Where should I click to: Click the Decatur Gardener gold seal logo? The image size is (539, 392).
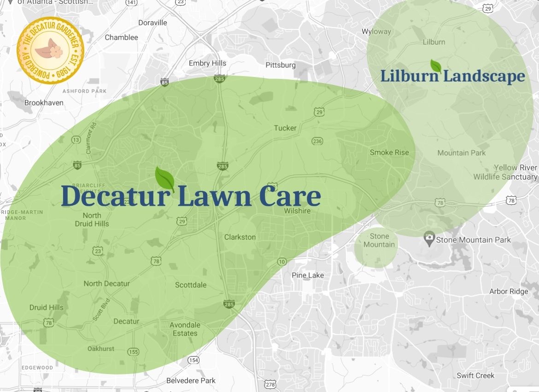[x=50, y=51]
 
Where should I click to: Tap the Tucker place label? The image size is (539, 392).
[x=285, y=128]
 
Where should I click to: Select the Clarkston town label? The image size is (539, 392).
[x=240, y=237]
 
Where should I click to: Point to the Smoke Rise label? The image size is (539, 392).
[x=389, y=152]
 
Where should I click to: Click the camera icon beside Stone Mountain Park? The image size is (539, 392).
[x=429, y=239]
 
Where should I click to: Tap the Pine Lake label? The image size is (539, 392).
[x=308, y=275]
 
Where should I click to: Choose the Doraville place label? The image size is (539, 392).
[x=152, y=23]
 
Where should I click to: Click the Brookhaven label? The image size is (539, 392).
[x=44, y=103]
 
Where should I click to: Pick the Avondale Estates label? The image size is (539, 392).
[x=185, y=329]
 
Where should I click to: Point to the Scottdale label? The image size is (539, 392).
[x=191, y=285]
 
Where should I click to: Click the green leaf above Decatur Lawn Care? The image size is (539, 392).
[x=164, y=178]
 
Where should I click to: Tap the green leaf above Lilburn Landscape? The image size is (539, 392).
[x=436, y=65]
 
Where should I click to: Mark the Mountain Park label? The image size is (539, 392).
[x=462, y=153]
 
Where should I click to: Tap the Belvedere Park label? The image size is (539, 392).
[x=191, y=381]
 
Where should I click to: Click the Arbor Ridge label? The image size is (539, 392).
[x=509, y=291]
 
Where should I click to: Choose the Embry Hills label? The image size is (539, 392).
[x=207, y=63]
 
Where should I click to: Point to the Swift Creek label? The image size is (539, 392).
[x=475, y=375]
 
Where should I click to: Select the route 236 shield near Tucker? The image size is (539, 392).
[x=317, y=141]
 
